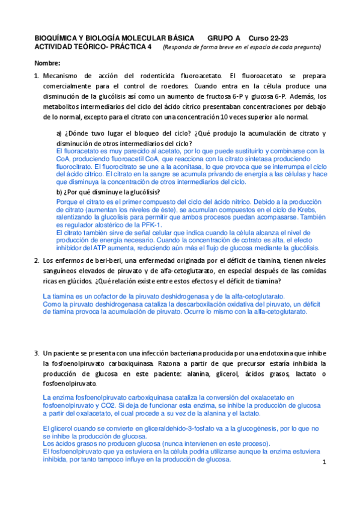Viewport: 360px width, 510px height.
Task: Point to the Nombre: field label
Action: (x=47, y=64)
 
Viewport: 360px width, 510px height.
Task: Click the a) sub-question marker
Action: (x=59, y=134)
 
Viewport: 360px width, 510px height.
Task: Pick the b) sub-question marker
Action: (x=59, y=192)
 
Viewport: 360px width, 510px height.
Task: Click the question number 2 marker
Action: (x=37, y=260)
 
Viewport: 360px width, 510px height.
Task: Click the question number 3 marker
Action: (x=37, y=353)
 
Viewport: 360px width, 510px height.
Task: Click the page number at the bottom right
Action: (x=323, y=462)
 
